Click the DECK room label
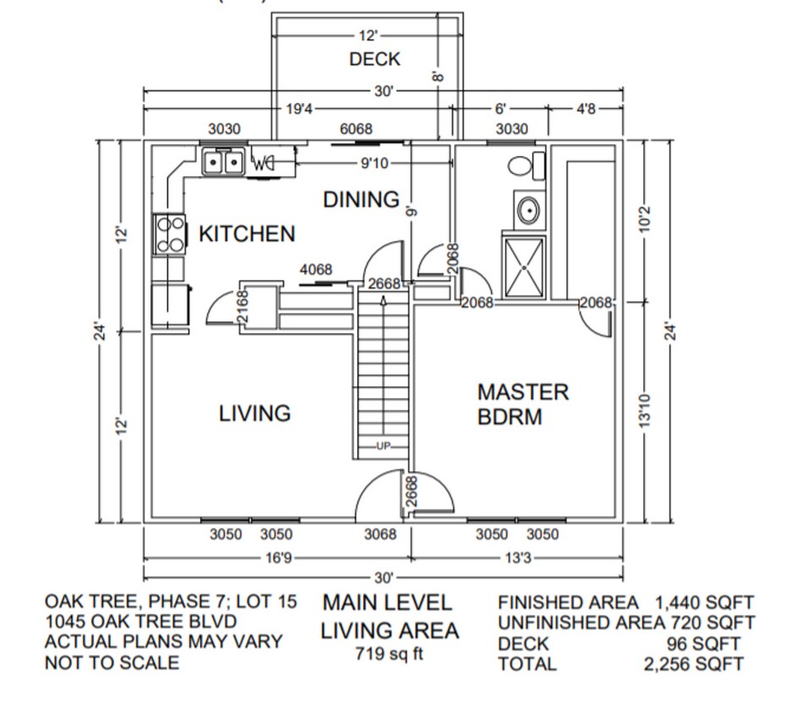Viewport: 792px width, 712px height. (374, 59)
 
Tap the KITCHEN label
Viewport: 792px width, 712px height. (247, 234)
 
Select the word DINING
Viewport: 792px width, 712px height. (361, 200)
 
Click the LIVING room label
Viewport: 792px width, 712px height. (255, 413)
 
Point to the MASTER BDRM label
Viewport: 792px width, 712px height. (523, 404)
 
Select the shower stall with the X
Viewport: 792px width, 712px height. (523, 266)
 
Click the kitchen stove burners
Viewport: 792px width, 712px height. (169, 235)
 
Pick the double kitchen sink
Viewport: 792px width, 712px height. (224, 160)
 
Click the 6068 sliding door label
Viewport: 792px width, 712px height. (355, 129)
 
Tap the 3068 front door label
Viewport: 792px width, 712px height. (380, 535)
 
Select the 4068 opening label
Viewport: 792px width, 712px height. (317, 270)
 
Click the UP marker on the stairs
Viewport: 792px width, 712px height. (384, 445)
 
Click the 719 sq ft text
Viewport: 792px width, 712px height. (389, 654)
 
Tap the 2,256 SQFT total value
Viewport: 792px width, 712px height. (692, 664)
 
